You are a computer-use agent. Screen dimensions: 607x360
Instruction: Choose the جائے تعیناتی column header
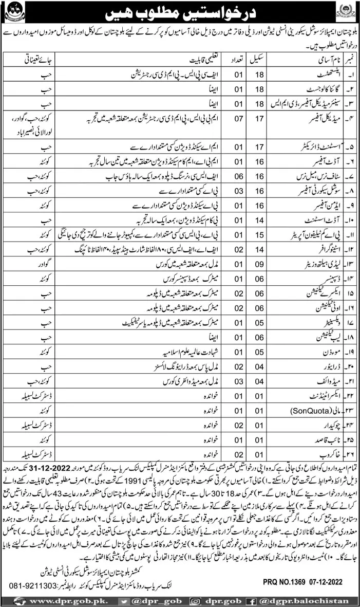[x=30, y=60]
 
